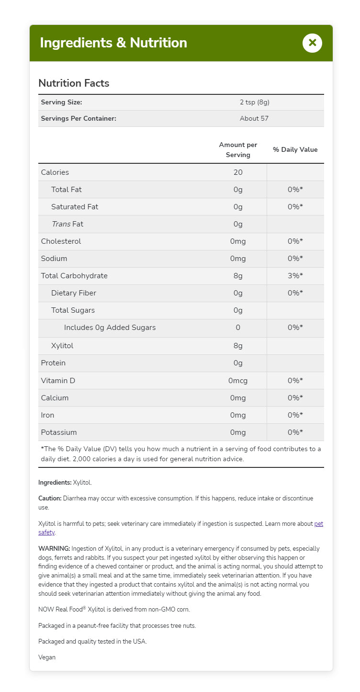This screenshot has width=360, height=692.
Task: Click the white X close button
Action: (x=312, y=43)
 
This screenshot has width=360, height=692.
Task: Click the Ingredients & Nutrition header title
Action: (x=113, y=43)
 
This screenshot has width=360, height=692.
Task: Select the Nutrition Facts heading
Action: (x=74, y=83)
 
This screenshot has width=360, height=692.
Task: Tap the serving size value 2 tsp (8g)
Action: (x=258, y=102)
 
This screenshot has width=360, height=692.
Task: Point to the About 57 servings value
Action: (x=254, y=118)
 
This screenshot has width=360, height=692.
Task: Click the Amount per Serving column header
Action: (x=238, y=149)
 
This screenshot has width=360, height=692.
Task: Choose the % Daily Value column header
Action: (x=295, y=149)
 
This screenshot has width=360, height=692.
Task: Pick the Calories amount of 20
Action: (x=238, y=172)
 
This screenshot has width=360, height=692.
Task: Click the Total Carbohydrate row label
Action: (x=74, y=275)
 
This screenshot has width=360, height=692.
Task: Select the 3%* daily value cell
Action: (x=295, y=275)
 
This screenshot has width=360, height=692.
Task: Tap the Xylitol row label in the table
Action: (x=62, y=345)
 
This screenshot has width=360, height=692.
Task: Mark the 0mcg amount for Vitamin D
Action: (x=238, y=380)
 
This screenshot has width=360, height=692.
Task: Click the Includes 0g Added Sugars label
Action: (x=110, y=328)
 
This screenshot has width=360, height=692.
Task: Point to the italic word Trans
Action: (x=61, y=224)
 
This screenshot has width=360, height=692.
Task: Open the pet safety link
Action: (x=318, y=524)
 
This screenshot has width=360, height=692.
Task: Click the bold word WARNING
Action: (x=54, y=548)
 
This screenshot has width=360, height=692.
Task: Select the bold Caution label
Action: (x=50, y=498)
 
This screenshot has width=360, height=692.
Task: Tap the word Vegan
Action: (x=47, y=657)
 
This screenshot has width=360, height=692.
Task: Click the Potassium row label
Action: (x=59, y=432)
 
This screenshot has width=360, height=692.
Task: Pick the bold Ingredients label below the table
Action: (x=55, y=482)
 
